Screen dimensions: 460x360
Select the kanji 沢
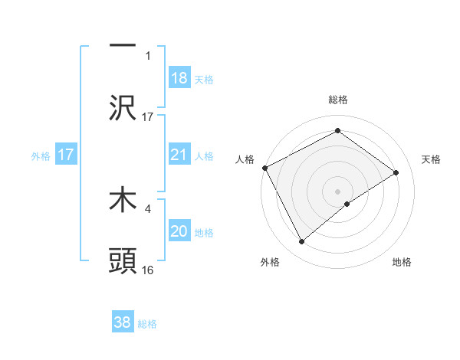pyautogui.click(x=123, y=110)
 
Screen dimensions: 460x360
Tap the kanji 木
pyautogui.click(x=123, y=201)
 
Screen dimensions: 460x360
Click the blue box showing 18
pyautogui.click(x=179, y=78)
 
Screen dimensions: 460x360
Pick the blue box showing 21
pyautogui.click(x=179, y=155)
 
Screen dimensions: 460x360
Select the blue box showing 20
pyautogui.click(x=179, y=231)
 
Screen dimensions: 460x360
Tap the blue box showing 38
pyautogui.click(x=123, y=322)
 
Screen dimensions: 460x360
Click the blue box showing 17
pyautogui.click(x=66, y=155)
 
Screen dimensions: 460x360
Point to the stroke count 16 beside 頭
pyautogui.click(x=148, y=270)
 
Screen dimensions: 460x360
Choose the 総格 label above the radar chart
pyautogui.click(x=337, y=100)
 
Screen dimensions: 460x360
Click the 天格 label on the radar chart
pyautogui.click(x=431, y=159)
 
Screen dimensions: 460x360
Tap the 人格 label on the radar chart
pyautogui.click(x=245, y=159)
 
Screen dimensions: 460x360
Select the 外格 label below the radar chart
pyautogui.click(x=269, y=262)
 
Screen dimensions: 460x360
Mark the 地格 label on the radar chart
pyautogui.click(x=402, y=262)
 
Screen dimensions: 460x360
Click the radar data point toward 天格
pyautogui.click(x=396, y=172)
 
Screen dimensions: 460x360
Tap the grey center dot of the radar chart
pyautogui.click(x=337, y=191)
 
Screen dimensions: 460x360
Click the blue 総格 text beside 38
pyautogui.click(x=147, y=324)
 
